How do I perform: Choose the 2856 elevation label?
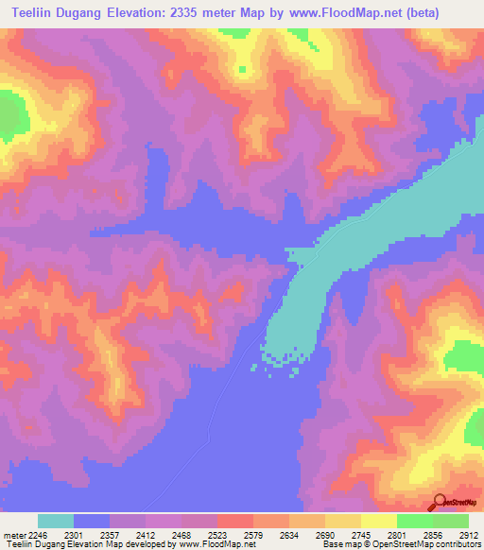click(432, 536)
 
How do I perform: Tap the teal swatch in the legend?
click(56, 521)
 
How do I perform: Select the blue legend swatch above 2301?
click(92, 521)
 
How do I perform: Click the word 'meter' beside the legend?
click(13, 536)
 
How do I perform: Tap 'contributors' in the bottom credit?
click(458, 545)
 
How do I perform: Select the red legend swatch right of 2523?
click(234, 521)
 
